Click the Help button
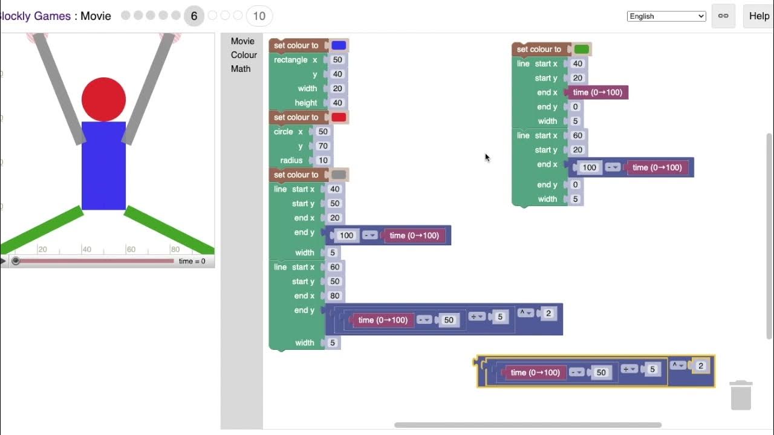tap(758, 16)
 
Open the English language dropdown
tap(666, 16)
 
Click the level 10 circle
tap(259, 16)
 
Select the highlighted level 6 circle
tap(194, 16)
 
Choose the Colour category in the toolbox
tap(244, 55)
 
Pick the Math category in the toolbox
tap(241, 69)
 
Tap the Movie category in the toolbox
tap(242, 41)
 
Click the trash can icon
tap(741, 396)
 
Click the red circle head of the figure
tap(103, 99)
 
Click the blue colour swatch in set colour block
tap(339, 45)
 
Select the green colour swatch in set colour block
tap(581, 50)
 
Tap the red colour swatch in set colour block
tap(339, 117)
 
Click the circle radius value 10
tap(323, 161)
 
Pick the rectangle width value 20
tap(337, 89)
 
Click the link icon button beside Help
tap(723, 16)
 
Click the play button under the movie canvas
tap(3, 261)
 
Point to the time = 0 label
tap(192, 262)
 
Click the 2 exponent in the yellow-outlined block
tap(701, 366)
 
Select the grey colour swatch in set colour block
tap(339, 175)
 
